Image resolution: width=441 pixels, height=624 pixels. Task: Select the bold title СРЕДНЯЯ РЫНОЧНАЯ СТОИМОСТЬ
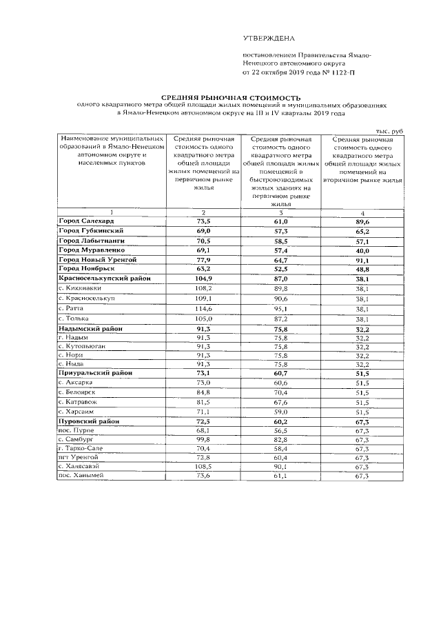[222, 99]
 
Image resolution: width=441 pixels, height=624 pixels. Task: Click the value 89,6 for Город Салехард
[362, 221]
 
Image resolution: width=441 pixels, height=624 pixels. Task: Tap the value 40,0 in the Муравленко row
[362, 250]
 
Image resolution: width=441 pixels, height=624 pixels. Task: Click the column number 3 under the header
[281, 212]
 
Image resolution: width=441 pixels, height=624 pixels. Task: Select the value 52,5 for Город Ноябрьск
[281, 269]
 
